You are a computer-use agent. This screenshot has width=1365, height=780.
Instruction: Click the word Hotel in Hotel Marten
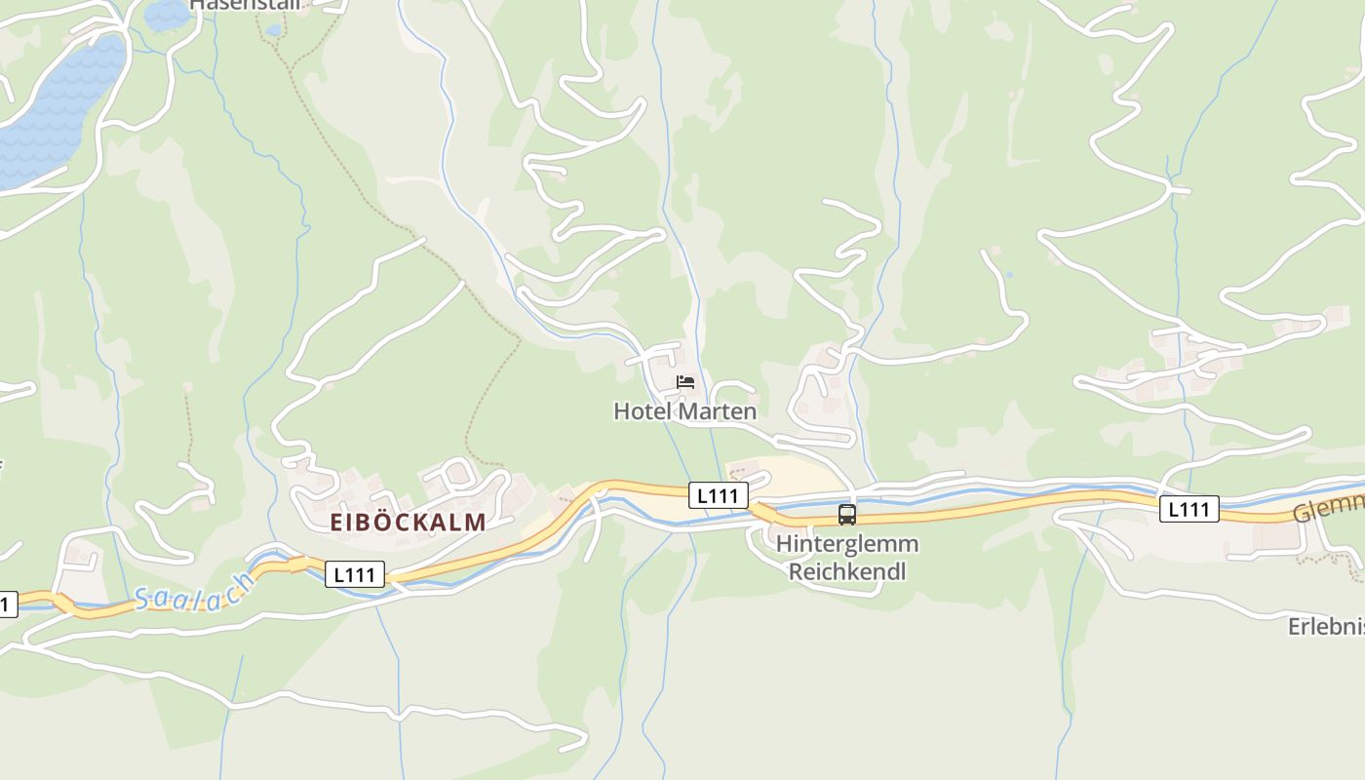(x=641, y=411)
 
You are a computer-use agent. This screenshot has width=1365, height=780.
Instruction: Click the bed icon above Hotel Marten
(x=685, y=381)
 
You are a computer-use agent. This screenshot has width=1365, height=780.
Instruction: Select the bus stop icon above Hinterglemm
(x=846, y=515)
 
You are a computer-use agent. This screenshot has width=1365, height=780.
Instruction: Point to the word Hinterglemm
(x=846, y=544)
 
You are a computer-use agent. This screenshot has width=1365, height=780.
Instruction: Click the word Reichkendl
(x=846, y=571)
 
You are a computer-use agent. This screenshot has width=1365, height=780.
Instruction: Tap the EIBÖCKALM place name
(x=408, y=522)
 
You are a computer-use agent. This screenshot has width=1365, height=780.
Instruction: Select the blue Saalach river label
(x=195, y=592)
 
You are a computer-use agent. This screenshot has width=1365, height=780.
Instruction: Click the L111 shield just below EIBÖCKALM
(x=354, y=574)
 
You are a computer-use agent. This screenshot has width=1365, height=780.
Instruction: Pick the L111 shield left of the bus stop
(x=718, y=495)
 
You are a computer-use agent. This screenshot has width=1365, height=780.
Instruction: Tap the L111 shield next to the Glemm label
(x=1189, y=508)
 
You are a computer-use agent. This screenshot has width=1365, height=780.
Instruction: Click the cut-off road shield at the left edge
(x=7, y=604)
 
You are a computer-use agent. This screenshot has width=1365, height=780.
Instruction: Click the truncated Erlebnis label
(x=1326, y=626)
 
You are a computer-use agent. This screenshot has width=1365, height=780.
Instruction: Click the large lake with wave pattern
(x=58, y=107)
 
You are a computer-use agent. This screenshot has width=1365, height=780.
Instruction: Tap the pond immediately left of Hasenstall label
(x=166, y=14)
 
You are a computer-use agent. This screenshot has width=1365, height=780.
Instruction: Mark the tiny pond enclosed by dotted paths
(x=273, y=30)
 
